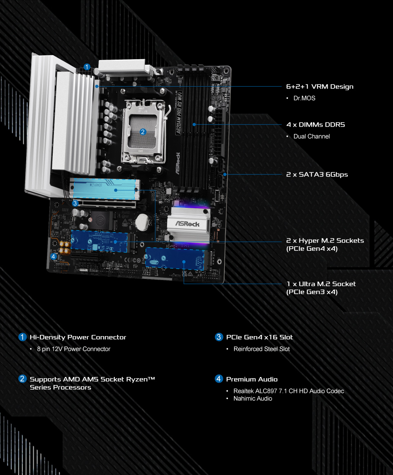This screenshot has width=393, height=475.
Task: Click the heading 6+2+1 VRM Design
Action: (320, 87)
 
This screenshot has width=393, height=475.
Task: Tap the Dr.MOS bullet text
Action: (304, 98)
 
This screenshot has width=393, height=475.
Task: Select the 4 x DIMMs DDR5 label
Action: (315, 125)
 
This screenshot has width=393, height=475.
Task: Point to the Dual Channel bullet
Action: (311, 136)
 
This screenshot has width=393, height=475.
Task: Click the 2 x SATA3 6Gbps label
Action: (317, 174)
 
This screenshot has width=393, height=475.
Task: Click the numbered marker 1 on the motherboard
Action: (87, 67)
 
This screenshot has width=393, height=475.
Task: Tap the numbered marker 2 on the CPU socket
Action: (143, 132)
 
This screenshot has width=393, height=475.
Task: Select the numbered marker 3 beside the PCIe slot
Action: (75, 203)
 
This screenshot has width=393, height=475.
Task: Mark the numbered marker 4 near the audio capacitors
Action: (54, 256)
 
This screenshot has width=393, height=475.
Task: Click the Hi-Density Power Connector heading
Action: (78, 337)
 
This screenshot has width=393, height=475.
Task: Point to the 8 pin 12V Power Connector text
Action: (74, 349)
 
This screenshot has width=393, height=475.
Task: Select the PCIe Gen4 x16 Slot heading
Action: (259, 337)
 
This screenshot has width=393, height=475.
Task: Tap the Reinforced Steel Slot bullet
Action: (261, 349)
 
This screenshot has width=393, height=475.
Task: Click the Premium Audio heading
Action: (252, 379)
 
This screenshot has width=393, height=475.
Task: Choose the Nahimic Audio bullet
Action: (253, 399)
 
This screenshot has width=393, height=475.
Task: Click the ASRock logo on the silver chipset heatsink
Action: (187, 224)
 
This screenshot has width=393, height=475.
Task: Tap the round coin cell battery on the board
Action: (142, 222)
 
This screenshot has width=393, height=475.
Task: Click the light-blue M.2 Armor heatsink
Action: (105, 189)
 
